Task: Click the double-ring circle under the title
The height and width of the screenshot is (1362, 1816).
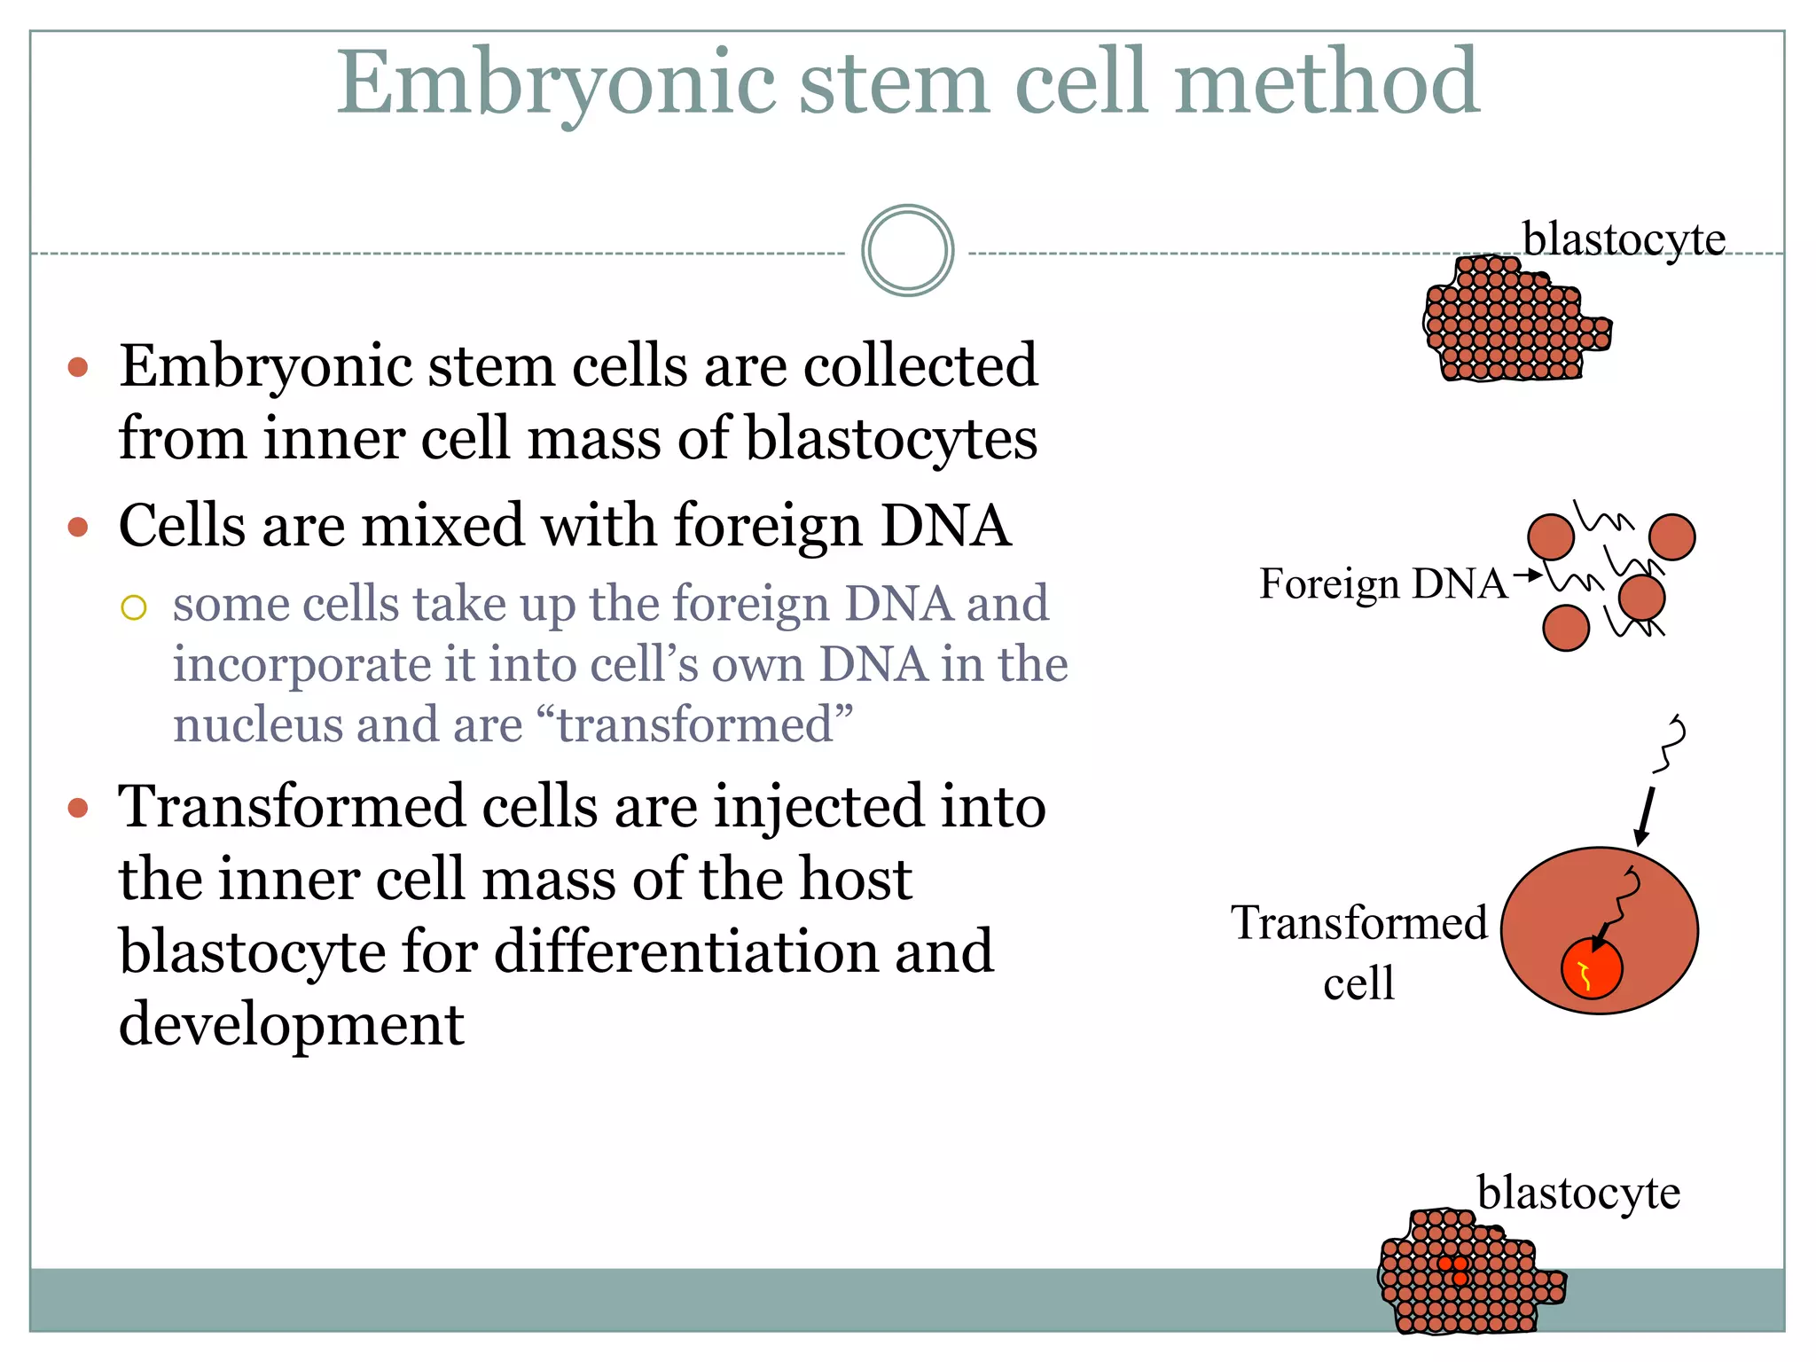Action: click(907, 251)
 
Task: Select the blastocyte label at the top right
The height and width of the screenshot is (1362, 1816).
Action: click(1624, 239)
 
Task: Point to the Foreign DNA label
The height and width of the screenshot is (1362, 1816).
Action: click(1382, 584)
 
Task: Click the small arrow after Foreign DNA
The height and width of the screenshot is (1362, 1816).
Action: click(1527, 576)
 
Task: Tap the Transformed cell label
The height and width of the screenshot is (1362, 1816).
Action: click(1358, 951)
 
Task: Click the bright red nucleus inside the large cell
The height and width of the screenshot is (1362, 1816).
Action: click(1591, 968)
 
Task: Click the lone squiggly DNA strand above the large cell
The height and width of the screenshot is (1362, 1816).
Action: click(1671, 743)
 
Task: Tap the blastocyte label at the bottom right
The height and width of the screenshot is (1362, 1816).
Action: click(1577, 1193)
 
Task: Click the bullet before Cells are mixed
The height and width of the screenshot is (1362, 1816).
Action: click(78, 528)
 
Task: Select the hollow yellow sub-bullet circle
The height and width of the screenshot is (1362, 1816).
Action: click(134, 607)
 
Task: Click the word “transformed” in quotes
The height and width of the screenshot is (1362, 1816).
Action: click(695, 724)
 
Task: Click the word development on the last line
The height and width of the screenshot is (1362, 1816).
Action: click(291, 1024)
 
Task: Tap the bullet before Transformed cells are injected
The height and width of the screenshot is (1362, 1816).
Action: click(78, 808)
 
